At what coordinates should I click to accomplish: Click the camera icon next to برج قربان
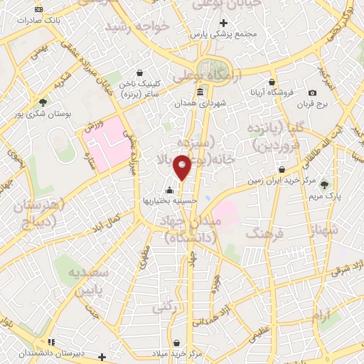(x=313, y=93)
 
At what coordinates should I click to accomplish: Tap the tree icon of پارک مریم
(x=325, y=184)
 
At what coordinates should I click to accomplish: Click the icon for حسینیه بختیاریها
(x=169, y=190)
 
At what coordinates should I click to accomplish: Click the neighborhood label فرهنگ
(x=264, y=232)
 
